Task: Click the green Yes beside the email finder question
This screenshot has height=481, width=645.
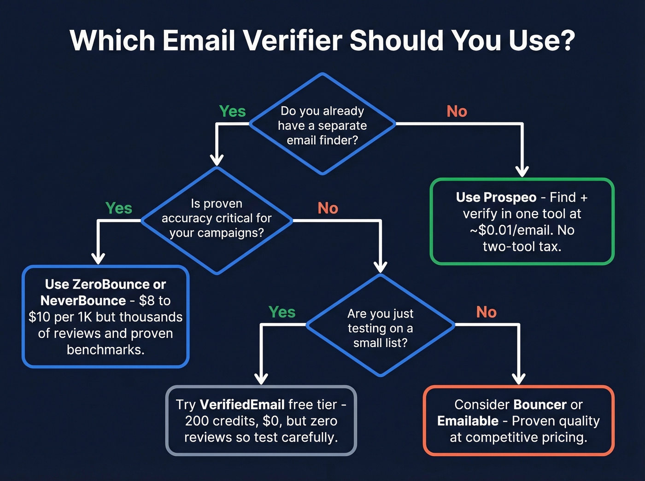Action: (232, 111)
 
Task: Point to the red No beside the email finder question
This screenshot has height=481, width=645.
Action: (457, 111)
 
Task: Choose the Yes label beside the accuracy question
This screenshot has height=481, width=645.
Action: (118, 208)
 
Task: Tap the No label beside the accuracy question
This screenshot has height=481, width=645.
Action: (328, 208)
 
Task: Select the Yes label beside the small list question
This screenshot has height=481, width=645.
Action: (281, 312)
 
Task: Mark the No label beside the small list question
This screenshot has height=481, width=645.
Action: (486, 312)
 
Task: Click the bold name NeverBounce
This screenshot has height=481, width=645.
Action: (83, 301)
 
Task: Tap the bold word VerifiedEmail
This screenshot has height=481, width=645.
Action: (242, 405)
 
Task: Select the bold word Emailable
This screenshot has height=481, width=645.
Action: (468, 421)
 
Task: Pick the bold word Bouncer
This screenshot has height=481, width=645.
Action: (540, 405)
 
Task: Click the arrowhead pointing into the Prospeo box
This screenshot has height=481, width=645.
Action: (522, 172)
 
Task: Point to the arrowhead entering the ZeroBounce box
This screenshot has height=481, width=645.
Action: (98, 259)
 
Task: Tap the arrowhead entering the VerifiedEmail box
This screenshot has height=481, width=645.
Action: (261, 379)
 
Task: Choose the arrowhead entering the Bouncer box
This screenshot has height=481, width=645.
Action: (519, 379)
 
